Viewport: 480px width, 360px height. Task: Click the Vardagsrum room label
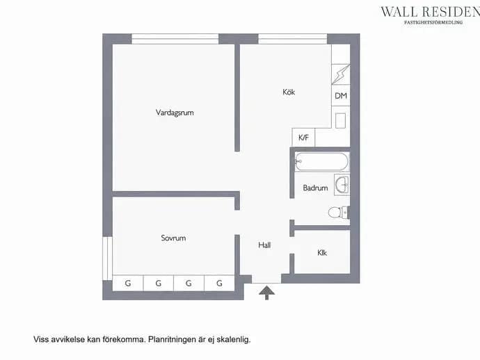[x=175, y=113]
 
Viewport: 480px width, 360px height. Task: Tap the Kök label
[x=289, y=92]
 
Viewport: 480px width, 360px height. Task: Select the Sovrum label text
[x=173, y=238]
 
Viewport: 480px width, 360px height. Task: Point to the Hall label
[x=264, y=245]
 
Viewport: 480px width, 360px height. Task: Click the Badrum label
[x=315, y=188]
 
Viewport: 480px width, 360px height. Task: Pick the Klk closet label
[x=322, y=253]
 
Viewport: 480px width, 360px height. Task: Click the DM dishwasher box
[x=341, y=96]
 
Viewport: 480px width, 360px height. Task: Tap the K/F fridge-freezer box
[x=303, y=138]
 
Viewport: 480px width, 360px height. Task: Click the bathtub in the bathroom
[x=321, y=161]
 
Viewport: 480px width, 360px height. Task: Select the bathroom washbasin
[x=342, y=185]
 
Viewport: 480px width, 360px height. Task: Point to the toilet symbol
[x=338, y=212]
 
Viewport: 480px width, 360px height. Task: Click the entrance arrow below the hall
[x=266, y=293]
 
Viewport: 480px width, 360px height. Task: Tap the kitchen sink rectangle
[x=340, y=121]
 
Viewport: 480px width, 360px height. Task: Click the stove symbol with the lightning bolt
[x=341, y=74]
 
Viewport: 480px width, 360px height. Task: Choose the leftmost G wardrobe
[x=128, y=284]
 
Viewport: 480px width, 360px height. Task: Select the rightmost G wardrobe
[x=219, y=284]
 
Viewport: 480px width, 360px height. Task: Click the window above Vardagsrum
[x=175, y=39]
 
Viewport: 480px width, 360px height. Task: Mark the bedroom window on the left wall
[x=107, y=258]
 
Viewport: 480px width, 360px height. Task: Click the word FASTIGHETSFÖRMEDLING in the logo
[x=433, y=22]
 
